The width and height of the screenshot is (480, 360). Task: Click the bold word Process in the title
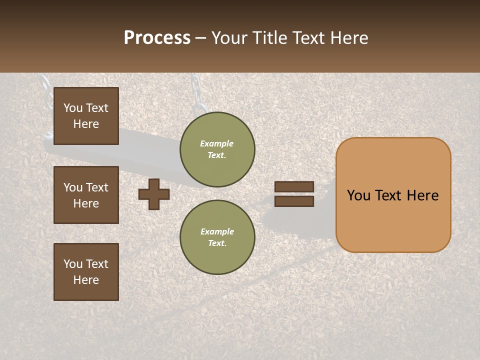[x=157, y=38]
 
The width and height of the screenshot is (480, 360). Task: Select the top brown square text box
[x=86, y=116]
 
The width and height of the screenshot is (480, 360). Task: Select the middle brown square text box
[x=86, y=195]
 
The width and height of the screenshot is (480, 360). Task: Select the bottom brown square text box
[x=86, y=272]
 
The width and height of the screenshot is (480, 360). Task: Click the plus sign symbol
[x=154, y=194]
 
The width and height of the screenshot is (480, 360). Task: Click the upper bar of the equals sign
[x=294, y=187]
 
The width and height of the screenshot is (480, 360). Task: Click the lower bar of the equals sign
[x=294, y=201]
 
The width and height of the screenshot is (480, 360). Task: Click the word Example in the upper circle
[x=216, y=143]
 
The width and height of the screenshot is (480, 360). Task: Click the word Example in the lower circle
[x=217, y=231]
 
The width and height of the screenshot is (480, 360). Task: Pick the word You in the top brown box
[x=72, y=108]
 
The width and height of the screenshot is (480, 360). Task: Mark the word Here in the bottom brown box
[x=86, y=280]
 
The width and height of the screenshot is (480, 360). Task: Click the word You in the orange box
[x=359, y=195]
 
